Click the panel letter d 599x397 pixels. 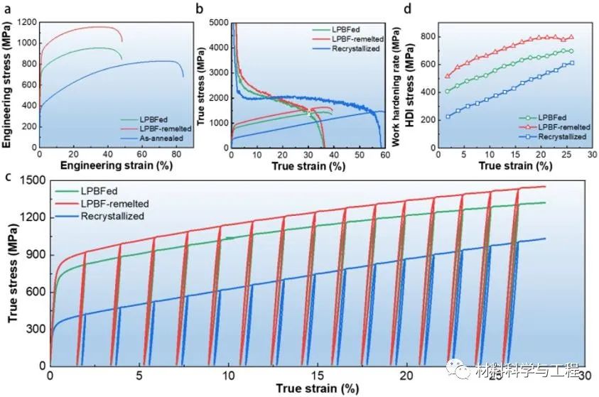tap(406, 9)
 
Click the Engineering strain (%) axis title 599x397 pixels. tap(107, 165)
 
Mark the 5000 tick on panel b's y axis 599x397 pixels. tap(217, 23)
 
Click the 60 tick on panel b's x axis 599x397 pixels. tap(384, 154)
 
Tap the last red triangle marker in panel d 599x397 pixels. tap(571, 37)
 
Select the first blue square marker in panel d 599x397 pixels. tap(447, 116)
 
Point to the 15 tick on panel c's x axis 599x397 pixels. tap(318, 375)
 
